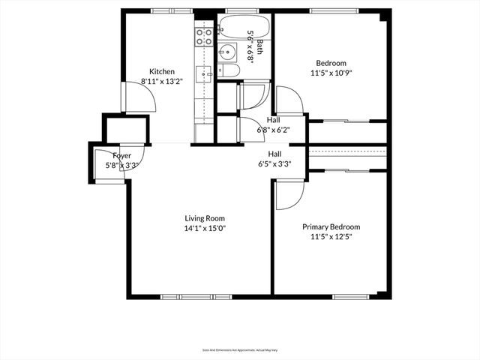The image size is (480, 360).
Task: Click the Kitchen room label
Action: point(161,72)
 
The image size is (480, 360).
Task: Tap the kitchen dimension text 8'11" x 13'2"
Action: point(161,82)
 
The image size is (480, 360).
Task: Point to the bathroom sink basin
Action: point(227,52)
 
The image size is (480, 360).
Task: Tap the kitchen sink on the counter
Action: point(204,73)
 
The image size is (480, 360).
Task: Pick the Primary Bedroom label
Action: point(331,226)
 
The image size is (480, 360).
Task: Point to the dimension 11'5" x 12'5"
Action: point(331,236)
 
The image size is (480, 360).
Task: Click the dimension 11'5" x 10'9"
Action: point(331,73)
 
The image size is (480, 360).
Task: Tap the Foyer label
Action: point(121,156)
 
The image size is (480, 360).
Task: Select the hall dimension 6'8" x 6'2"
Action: point(274,130)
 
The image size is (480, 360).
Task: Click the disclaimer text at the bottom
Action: point(239,349)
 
